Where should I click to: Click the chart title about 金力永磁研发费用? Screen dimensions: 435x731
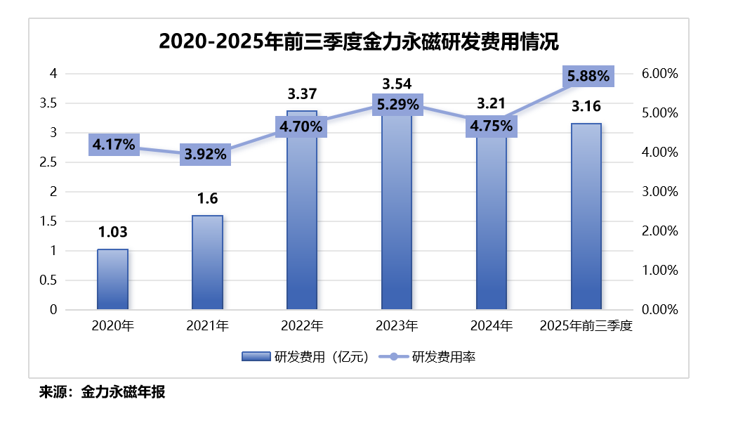[x=358, y=41]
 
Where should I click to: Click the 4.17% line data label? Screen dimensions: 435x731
[x=113, y=145]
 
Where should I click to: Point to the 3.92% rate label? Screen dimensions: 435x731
[x=206, y=155]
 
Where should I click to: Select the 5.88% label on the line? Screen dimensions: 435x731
[x=589, y=77]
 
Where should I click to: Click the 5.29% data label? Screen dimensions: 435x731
[x=397, y=105]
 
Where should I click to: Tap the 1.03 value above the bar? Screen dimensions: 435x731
[x=112, y=233]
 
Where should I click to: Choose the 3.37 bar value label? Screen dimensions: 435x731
[x=303, y=93]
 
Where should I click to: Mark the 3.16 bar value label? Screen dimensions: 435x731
[x=586, y=107]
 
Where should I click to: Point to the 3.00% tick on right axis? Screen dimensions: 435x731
[x=659, y=192]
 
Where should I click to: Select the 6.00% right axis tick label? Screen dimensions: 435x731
[x=659, y=74]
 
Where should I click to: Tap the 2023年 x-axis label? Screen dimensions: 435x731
[x=397, y=326]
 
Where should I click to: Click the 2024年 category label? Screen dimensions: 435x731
[x=492, y=326]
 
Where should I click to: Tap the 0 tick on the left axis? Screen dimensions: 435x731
[x=53, y=310]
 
